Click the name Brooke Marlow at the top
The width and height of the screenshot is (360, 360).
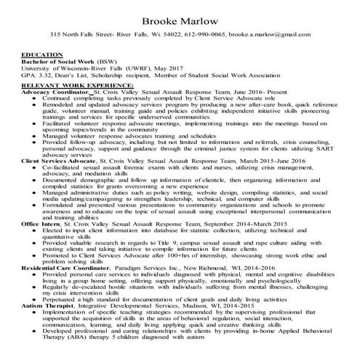180,15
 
